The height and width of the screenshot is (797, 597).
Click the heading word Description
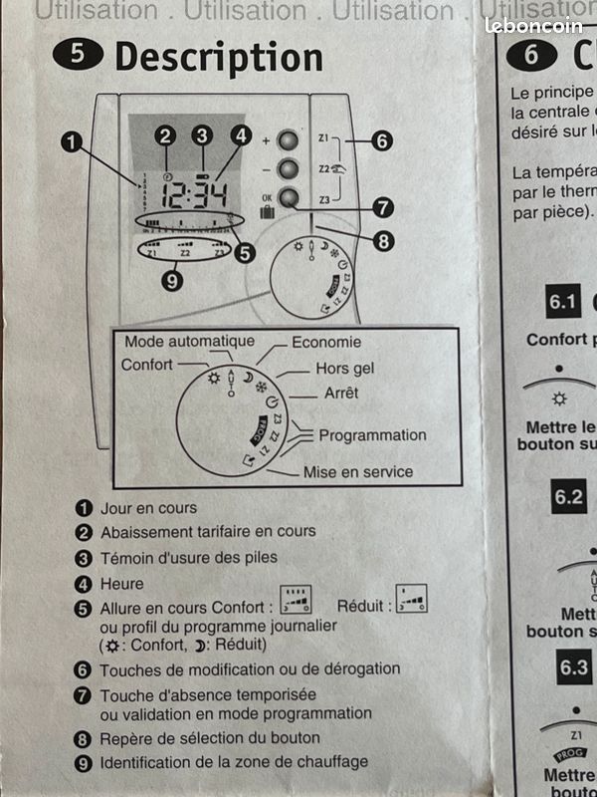tap(218, 57)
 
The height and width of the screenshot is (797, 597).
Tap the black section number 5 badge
tap(85, 55)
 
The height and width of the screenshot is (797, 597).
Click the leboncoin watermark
tap(533, 25)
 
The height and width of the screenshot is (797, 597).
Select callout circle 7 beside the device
tap(380, 208)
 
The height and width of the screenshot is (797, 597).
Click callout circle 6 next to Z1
tap(381, 140)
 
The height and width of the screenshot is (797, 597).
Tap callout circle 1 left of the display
tap(72, 141)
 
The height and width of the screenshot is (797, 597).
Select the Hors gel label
tap(344, 369)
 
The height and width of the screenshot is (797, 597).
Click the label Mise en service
tap(357, 471)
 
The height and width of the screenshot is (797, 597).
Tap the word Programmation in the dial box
tap(372, 434)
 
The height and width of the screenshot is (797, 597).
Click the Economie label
tap(326, 342)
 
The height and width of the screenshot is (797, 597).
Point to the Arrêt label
tap(340, 394)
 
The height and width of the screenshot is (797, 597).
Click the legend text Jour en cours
tap(148, 508)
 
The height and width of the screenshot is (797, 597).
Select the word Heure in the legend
tap(121, 584)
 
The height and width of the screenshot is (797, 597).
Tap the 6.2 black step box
tap(569, 496)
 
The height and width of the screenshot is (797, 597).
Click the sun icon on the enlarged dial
tap(212, 380)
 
